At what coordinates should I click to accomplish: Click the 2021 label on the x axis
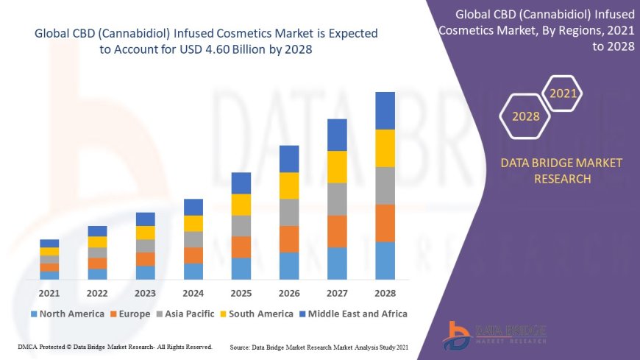coord(49,293)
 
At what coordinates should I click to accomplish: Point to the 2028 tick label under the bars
coord(385,293)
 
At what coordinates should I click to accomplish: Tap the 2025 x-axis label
coord(241,293)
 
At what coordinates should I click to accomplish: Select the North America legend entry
coord(68,314)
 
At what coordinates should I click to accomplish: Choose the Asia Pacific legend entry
coord(187,314)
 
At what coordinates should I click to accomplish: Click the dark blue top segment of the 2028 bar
coord(385,110)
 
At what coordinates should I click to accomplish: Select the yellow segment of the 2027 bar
coord(337,166)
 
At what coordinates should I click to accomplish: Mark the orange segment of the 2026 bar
coord(289,239)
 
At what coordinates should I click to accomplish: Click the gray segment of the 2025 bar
coord(241,225)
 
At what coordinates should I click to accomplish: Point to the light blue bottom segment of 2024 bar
coord(193,271)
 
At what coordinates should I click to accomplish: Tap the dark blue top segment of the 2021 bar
coord(49,243)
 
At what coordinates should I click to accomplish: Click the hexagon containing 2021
coord(563,93)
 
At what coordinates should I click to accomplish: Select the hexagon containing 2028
coord(525,116)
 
